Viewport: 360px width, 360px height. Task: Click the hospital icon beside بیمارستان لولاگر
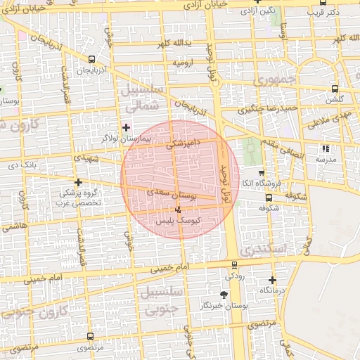click(x=126, y=127)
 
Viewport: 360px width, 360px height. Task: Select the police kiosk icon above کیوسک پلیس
click(x=177, y=210)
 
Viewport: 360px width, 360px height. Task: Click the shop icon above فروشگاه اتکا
click(x=262, y=173)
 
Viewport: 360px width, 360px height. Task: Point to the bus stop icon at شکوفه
click(x=269, y=197)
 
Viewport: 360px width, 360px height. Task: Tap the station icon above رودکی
click(x=235, y=265)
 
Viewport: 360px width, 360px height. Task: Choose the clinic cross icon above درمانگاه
click(x=272, y=280)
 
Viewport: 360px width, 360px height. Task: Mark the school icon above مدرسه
click(x=325, y=148)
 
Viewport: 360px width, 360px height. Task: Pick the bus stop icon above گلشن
click(x=334, y=89)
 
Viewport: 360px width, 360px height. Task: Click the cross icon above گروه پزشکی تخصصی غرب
click(x=78, y=182)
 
